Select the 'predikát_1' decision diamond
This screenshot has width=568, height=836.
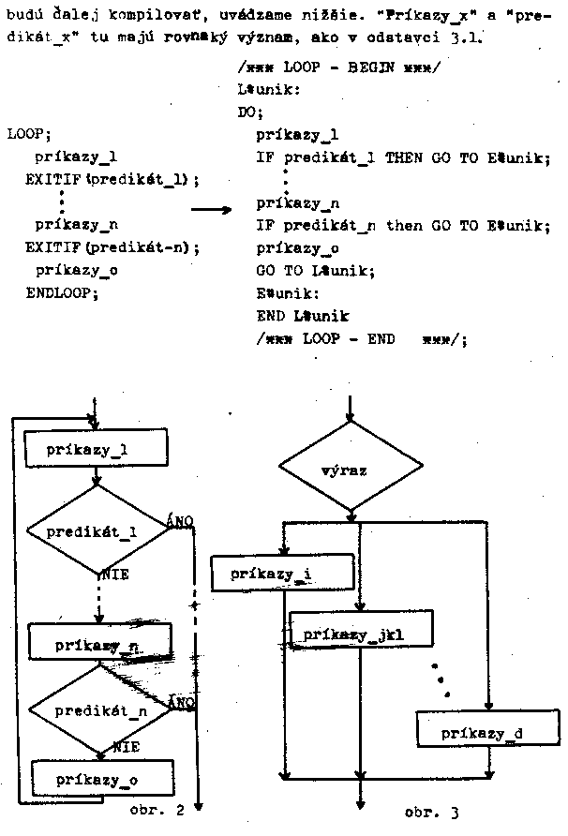96,530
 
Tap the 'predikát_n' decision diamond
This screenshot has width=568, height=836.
100,710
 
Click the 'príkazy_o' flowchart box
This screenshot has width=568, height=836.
100,779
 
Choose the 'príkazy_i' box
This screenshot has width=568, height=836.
269,573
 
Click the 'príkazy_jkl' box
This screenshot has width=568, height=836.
360,634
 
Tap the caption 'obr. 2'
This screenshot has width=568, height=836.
156,811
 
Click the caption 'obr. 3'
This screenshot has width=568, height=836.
430,812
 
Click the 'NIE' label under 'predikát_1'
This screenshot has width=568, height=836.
115,570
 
